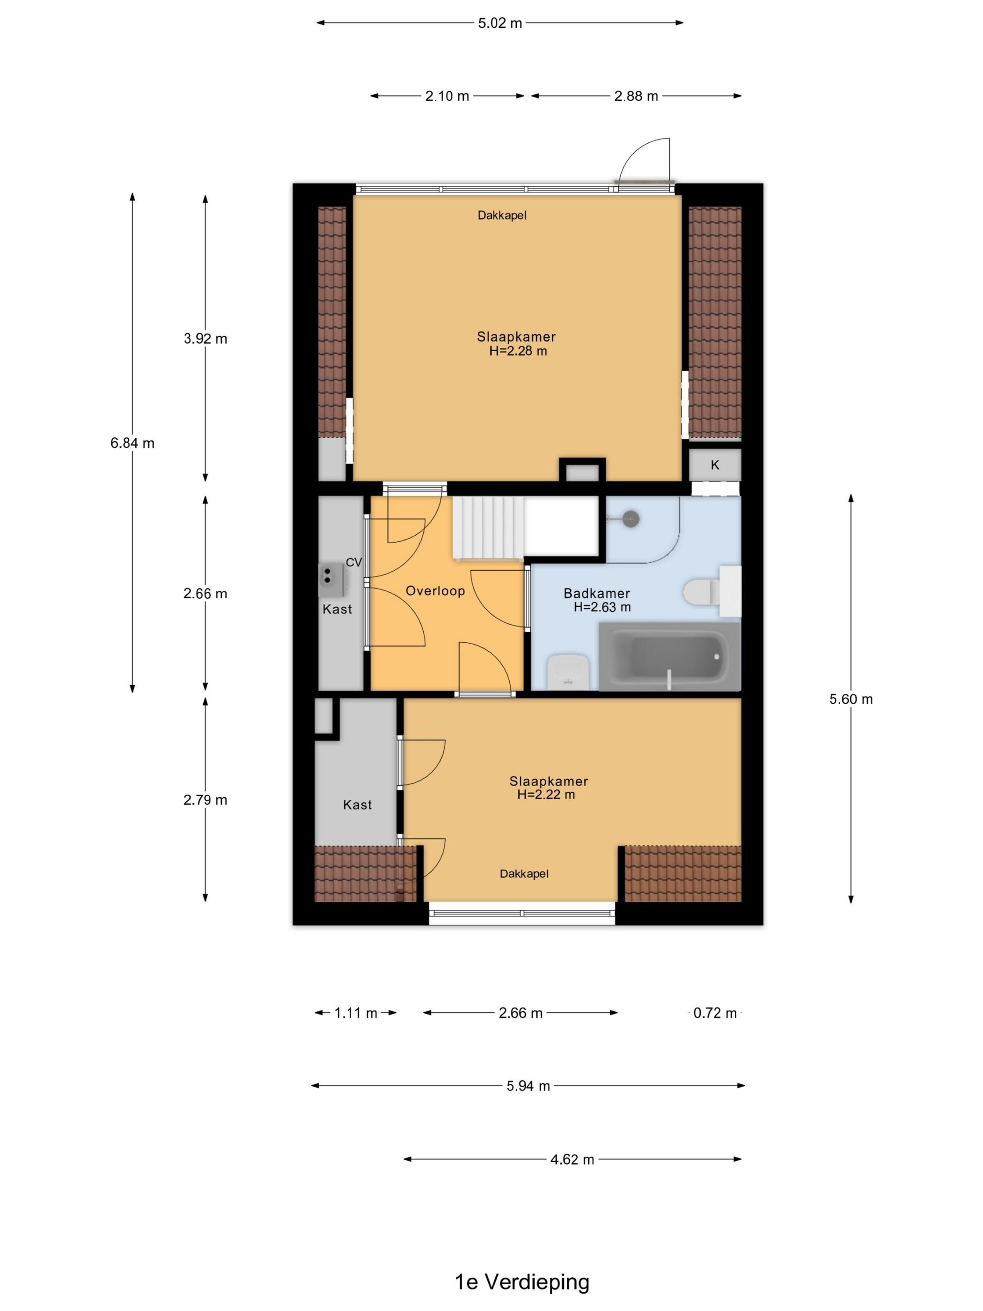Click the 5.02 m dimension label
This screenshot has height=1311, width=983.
coord(500,23)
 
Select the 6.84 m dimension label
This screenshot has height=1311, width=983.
coord(132,443)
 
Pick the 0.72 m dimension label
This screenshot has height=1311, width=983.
coord(715,1013)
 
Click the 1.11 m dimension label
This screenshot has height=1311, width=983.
coord(355,1013)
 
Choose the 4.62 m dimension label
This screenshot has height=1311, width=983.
coord(572,1159)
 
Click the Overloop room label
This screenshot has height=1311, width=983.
coord(435,591)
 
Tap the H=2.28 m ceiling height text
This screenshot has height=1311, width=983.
coord(518,351)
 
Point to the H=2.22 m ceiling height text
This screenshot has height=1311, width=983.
coord(546,795)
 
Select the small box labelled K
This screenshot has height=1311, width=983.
coord(715,464)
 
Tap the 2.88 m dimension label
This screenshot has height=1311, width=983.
coord(636,96)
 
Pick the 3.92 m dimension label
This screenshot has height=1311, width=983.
coord(205,339)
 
